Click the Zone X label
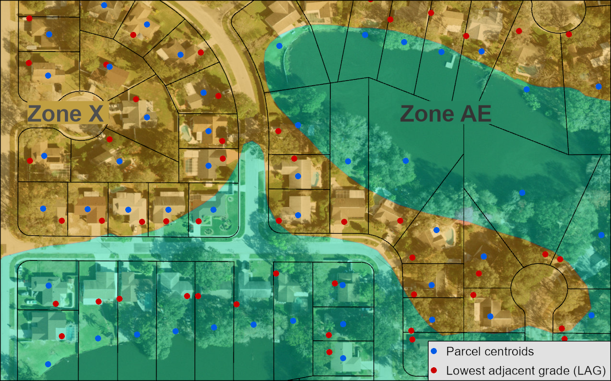coord(65,114)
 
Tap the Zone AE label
coord(445,114)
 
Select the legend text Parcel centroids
coord(490,351)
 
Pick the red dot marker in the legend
coord(434,369)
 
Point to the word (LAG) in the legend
coord(588,369)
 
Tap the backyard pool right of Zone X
coord(186,132)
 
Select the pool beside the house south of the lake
coord(450,236)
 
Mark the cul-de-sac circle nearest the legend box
coord(538,286)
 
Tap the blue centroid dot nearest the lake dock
coord(441,52)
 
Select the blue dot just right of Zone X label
coord(147,117)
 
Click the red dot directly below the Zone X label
coord(109,139)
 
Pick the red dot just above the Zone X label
coord(136,100)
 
